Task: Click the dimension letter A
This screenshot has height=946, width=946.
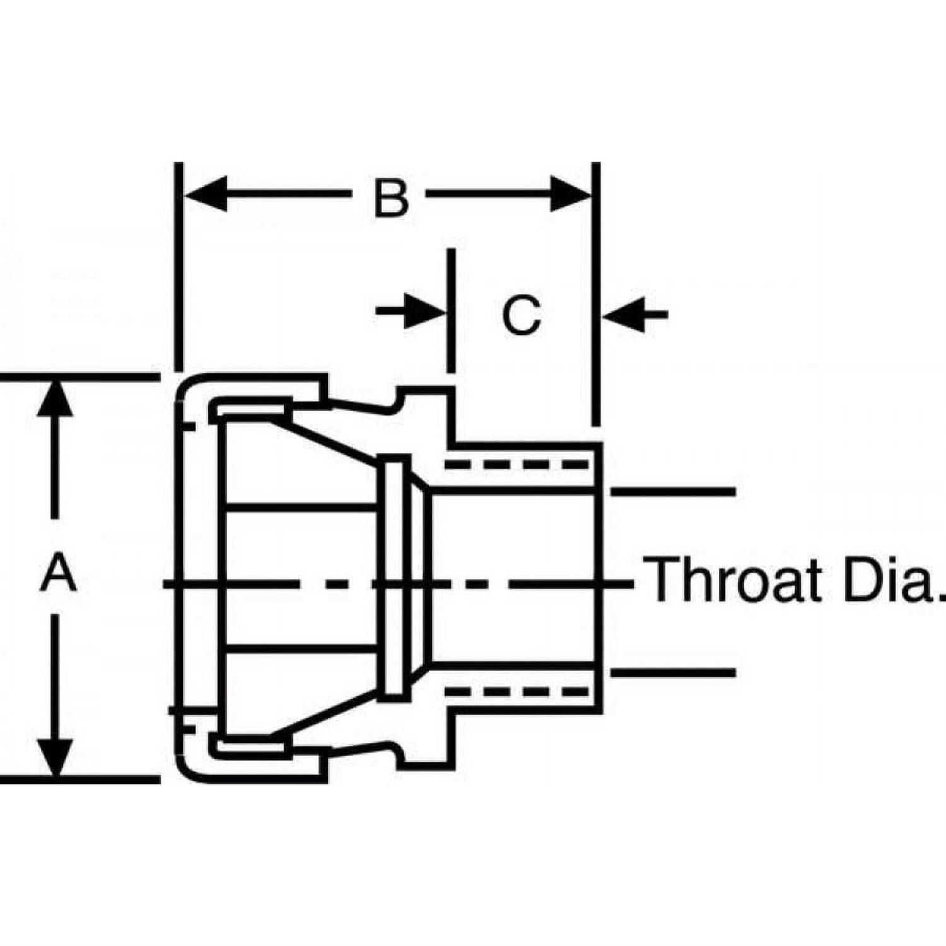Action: tap(58, 573)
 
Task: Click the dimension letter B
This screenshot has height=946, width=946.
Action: tap(391, 198)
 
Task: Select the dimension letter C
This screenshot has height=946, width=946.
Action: tap(522, 314)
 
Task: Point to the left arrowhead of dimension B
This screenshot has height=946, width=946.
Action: tap(206, 194)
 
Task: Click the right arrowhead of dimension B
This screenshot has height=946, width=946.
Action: tap(570, 194)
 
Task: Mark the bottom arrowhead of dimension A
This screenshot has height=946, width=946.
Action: tap(56, 757)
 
